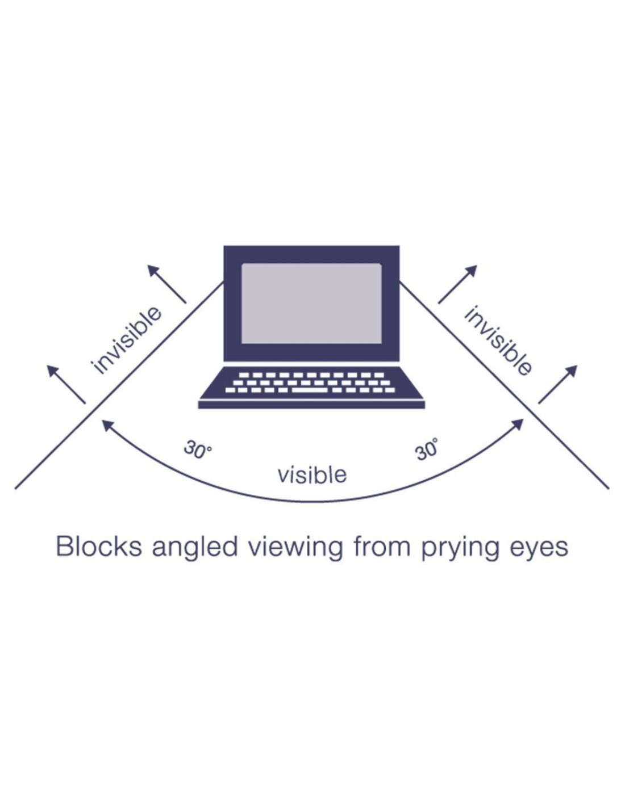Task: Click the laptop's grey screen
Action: (311, 303)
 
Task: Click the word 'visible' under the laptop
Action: (312, 474)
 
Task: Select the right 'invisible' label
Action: (498, 341)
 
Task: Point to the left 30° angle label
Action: (197, 450)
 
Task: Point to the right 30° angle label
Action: (427, 450)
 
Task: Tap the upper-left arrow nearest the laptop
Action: (166, 283)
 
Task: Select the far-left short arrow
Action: (66, 384)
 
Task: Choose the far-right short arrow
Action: (558, 384)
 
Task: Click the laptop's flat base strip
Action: (311, 404)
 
